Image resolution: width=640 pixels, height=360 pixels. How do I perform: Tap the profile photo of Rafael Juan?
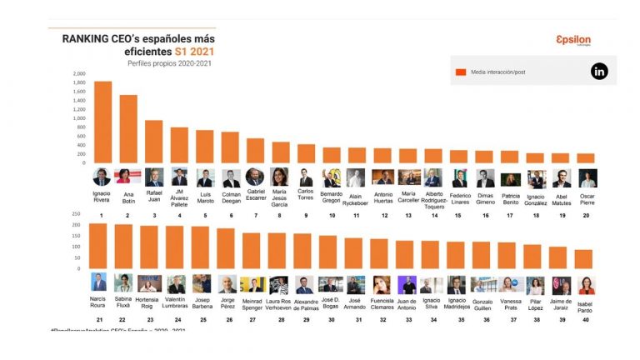[x=154, y=177]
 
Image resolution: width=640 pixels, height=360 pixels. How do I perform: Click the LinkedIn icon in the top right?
[x=599, y=72]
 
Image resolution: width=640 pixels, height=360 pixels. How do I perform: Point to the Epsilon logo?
[x=572, y=41]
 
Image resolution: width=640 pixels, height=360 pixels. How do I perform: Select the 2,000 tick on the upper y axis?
[x=79, y=73]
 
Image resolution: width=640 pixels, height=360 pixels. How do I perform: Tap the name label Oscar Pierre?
[x=587, y=201]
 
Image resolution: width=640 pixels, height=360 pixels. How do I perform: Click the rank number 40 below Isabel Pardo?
[x=586, y=320]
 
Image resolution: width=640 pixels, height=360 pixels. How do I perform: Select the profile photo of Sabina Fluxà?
[x=124, y=283]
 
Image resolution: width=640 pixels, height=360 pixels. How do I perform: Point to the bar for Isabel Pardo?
[x=585, y=259]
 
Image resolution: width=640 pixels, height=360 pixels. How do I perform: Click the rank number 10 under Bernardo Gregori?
[x=332, y=215]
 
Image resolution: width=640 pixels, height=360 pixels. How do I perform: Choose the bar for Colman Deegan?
[x=231, y=147]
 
